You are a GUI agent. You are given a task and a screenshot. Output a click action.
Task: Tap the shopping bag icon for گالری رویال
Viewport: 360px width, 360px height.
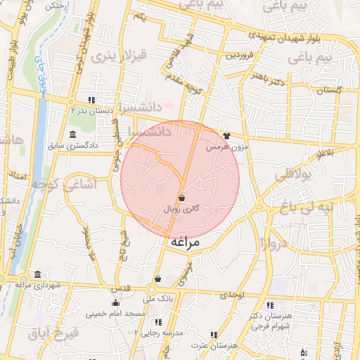(182, 198)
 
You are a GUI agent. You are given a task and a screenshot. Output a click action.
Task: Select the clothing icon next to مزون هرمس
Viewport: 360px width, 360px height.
(226, 136)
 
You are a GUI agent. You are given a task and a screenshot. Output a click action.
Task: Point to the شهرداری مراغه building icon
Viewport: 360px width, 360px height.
(37, 274)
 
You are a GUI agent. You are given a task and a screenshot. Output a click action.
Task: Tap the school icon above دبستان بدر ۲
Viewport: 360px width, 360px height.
(91, 99)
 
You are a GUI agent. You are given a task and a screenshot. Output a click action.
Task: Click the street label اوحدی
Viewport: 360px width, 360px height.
(232, 296)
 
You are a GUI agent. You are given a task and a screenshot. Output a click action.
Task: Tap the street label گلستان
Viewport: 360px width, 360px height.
(328, 91)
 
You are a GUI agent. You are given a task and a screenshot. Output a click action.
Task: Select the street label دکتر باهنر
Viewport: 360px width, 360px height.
(271, 82)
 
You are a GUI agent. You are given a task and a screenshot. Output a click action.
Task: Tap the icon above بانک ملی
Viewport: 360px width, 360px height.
(156, 278)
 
